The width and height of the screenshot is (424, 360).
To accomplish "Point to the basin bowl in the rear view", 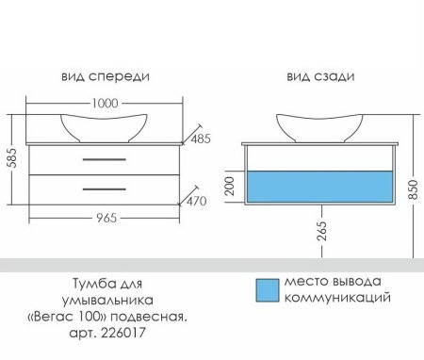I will [318, 125].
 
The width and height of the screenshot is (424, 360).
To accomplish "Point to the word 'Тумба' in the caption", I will [91, 283].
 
